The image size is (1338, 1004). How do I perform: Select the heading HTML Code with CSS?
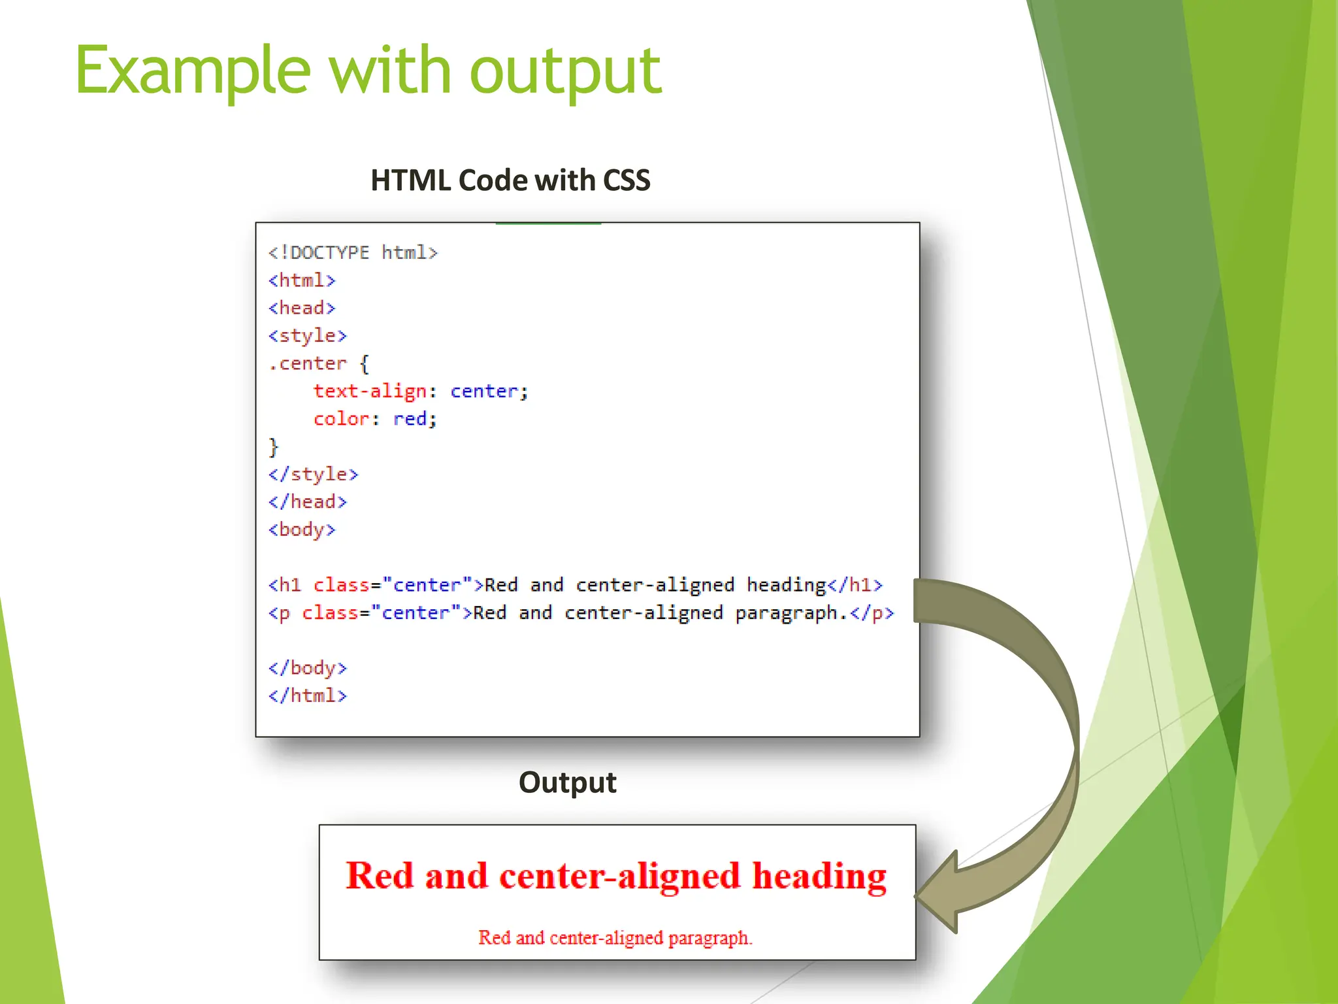coord(510,180)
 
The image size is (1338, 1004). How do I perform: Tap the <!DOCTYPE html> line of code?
coord(353,252)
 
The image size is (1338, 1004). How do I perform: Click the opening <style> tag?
coord(307,336)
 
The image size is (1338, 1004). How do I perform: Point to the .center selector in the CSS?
coord(307,363)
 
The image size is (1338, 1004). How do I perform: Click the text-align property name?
coord(369,391)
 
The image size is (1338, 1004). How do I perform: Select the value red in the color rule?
coord(410,418)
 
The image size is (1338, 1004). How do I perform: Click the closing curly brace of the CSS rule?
coord(273,447)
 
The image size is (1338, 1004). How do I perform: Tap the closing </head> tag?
coord(307,502)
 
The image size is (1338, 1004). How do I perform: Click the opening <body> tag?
coord(302,529)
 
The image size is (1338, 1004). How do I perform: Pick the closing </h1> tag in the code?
coord(855,585)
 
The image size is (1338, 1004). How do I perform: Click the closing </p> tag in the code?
coord(872,613)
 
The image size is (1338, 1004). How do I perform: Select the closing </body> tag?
coord(307,668)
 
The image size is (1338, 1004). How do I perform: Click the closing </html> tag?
coord(307,695)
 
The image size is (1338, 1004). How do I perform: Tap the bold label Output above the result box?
coord(567,782)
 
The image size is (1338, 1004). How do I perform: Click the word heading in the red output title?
coord(819,876)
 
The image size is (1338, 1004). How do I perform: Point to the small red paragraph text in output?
coord(615,938)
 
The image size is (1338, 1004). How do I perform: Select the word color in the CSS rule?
coord(341,418)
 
